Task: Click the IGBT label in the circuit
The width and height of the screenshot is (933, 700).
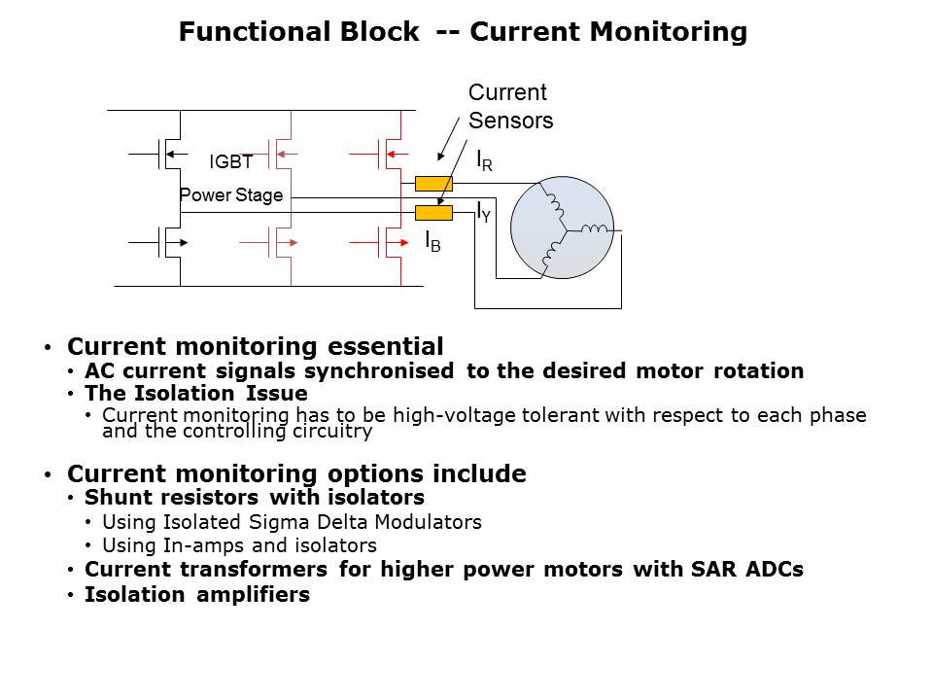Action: click(x=231, y=163)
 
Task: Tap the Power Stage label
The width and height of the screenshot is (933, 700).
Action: click(x=231, y=195)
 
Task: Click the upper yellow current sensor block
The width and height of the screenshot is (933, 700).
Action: click(x=433, y=183)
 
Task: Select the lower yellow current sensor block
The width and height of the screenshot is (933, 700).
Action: click(x=433, y=213)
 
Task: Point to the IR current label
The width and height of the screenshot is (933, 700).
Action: click(x=484, y=161)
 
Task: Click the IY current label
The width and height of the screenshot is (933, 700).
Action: click(x=483, y=212)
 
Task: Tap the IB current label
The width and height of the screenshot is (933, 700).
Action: click(x=432, y=242)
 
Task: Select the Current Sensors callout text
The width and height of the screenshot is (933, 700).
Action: click(x=510, y=107)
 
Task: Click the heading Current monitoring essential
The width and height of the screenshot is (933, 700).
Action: click(x=255, y=347)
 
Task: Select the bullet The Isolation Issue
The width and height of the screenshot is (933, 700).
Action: click(x=195, y=394)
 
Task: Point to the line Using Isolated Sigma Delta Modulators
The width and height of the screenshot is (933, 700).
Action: click(x=292, y=522)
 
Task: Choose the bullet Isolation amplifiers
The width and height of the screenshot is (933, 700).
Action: click(x=197, y=594)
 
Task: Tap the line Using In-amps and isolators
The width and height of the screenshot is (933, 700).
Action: click(x=239, y=545)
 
